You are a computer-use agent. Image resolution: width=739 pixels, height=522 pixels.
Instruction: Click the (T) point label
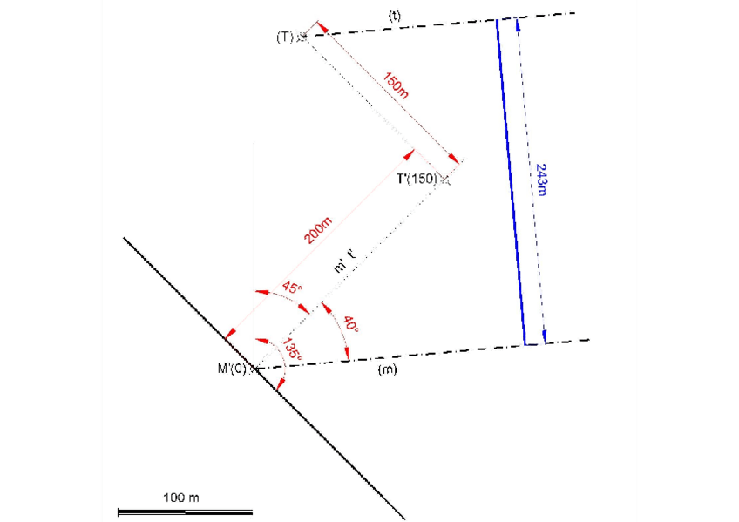[285, 37]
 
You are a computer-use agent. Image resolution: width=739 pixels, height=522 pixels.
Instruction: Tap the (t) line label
[394, 17]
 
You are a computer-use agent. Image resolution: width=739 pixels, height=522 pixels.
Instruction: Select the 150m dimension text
[396, 85]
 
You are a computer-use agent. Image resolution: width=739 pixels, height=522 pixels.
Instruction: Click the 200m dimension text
[317, 230]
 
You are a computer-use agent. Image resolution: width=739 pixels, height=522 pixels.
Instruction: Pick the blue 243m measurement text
[541, 180]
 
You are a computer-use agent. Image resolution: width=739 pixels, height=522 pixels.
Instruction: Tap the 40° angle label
[350, 323]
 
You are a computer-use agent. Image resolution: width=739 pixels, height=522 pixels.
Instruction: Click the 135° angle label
[290, 349]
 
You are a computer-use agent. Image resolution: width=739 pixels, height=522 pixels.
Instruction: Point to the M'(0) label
[233, 368]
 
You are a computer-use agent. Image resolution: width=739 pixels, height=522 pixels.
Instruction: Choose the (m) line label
[387, 370]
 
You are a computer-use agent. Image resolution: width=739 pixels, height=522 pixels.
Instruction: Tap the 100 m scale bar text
[181, 497]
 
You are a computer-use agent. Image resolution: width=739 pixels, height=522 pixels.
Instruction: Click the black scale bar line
[185, 512]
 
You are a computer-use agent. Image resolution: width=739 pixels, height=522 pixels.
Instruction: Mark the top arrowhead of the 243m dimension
[518, 23]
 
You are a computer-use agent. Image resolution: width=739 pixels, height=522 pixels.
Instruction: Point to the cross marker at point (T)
[302, 37]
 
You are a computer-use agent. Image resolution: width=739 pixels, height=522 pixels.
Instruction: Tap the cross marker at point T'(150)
[445, 180]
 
